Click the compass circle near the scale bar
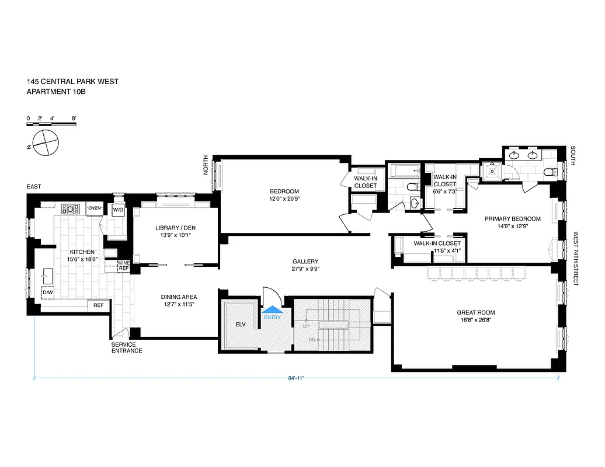coord(46,142)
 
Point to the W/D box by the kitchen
coord(118,209)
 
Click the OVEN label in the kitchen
coord(95,208)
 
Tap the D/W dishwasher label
coord(47,292)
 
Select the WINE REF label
coord(123,266)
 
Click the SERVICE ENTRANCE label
coord(127,347)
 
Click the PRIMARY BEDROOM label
coord(512,219)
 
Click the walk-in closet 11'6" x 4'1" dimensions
coord(447,251)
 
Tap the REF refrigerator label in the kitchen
coord(98,305)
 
